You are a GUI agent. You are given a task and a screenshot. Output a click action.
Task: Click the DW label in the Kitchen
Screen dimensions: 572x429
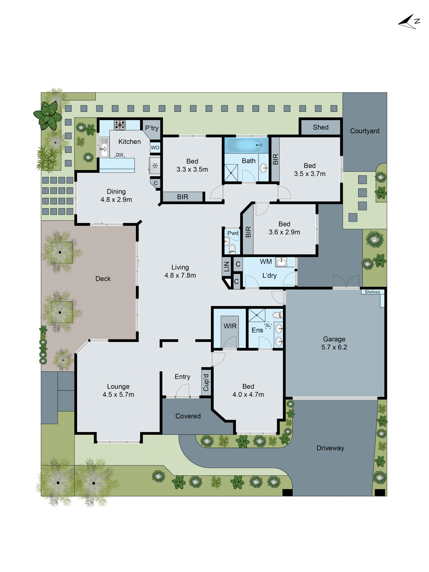point(119,155)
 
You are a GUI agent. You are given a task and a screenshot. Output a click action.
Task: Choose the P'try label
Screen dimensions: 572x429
point(152,128)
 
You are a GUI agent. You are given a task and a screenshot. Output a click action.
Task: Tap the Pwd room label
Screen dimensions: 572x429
point(233,233)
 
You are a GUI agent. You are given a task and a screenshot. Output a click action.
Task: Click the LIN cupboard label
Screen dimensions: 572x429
point(227,266)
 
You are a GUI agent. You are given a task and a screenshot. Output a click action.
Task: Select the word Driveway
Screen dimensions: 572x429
point(330,448)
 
